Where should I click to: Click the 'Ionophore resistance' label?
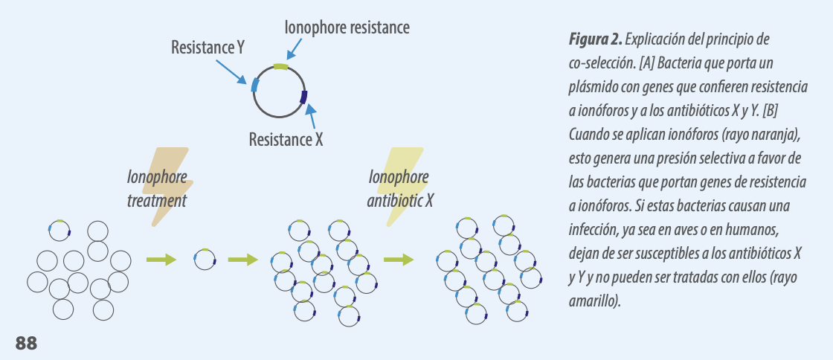click(347, 28)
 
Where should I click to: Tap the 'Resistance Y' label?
click(208, 48)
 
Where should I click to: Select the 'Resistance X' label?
click(286, 140)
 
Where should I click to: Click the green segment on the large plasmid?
click(280, 66)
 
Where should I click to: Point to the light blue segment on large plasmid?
click(255, 85)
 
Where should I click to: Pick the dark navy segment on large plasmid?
click(304, 97)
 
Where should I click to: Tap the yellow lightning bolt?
click(401, 187)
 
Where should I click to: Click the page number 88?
click(26, 343)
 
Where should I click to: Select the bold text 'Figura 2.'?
click(595, 39)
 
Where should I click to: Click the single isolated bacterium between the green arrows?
click(205, 259)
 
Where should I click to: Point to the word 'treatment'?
click(157, 201)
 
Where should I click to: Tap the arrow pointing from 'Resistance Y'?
click(231, 71)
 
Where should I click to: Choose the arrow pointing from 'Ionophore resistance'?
click(295, 48)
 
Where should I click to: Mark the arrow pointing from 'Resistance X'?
click(312, 116)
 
